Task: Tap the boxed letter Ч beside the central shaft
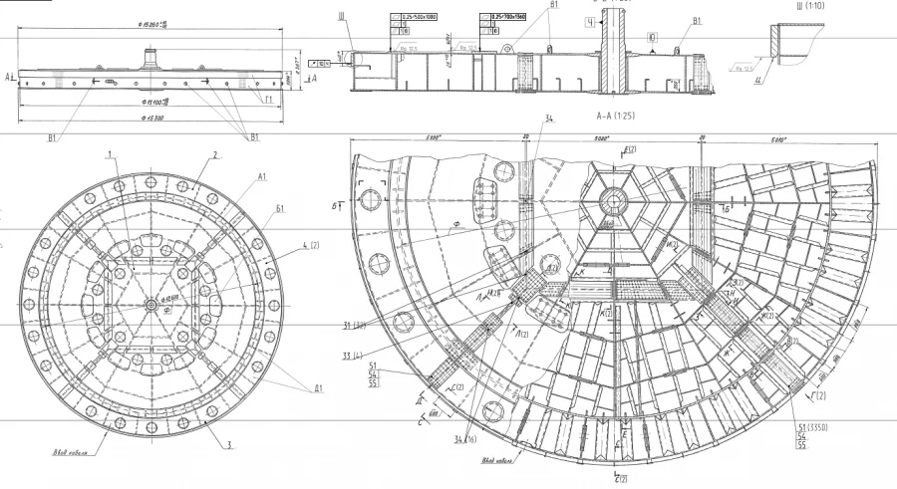(591, 21)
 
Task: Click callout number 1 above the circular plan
(112, 154)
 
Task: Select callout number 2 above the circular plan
(214, 155)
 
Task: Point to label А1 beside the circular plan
(262, 176)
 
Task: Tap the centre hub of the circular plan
(149, 304)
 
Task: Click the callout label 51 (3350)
(814, 427)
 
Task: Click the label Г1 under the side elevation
(268, 100)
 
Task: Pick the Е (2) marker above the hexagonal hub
(630, 149)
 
